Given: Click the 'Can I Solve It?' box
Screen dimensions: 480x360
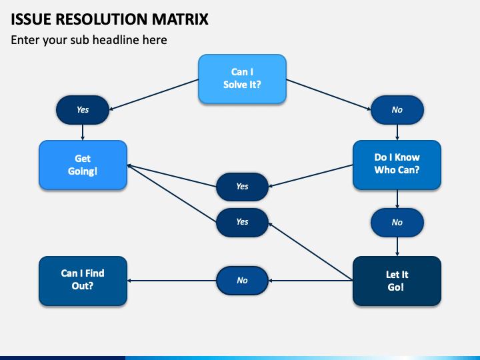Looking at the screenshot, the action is (x=242, y=79).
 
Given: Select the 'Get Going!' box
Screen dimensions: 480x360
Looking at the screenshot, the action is (x=83, y=165).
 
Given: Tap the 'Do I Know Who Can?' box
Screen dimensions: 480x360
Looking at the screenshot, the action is (x=397, y=165).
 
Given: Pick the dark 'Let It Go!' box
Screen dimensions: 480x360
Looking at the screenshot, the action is (x=397, y=281).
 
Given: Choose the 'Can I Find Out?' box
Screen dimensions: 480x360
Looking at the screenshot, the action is (x=83, y=281).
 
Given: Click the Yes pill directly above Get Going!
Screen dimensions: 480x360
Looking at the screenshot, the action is (x=83, y=110).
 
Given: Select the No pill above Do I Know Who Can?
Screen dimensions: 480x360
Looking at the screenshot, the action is (x=397, y=110).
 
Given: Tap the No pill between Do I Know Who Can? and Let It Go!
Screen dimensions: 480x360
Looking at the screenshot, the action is (x=397, y=223).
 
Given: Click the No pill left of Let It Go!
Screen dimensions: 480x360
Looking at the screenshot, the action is (x=243, y=281).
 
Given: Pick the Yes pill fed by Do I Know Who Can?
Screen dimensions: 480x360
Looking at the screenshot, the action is (x=243, y=187).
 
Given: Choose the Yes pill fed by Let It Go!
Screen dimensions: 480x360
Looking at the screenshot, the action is (x=243, y=222).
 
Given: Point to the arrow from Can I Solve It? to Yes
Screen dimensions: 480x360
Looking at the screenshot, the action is (x=154, y=95).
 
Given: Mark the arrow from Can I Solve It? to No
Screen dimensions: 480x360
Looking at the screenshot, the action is (x=329, y=95).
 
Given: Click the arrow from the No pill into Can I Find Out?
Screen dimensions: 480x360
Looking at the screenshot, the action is (x=172, y=281).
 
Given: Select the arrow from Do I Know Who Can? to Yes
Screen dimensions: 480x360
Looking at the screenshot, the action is (x=311, y=176).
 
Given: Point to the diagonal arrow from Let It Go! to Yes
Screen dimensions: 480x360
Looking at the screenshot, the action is (x=311, y=251).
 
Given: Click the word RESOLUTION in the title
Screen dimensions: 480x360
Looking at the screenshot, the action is (x=101, y=19).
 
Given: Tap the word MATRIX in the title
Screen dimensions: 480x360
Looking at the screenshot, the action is (x=180, y=19).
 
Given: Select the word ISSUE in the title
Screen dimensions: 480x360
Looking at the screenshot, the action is (x=31, y=19).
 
